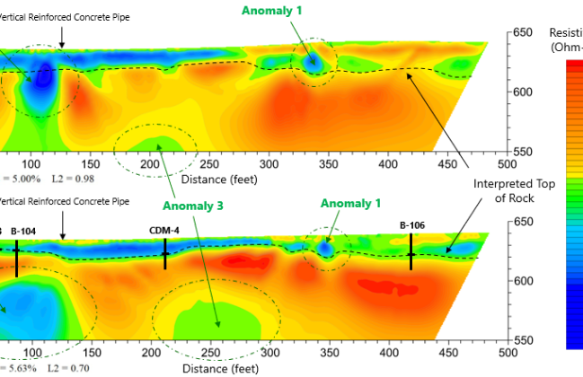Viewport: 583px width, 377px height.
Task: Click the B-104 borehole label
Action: point(24,231)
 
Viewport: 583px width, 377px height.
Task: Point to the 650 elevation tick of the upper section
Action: point(523,33)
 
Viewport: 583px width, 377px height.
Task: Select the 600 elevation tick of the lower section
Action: point(523,281)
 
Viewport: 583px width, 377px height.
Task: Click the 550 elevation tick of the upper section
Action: point(523,152)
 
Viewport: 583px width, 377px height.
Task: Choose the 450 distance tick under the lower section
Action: point(447,353)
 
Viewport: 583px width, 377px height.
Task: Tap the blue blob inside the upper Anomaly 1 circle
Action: point(313,63)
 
